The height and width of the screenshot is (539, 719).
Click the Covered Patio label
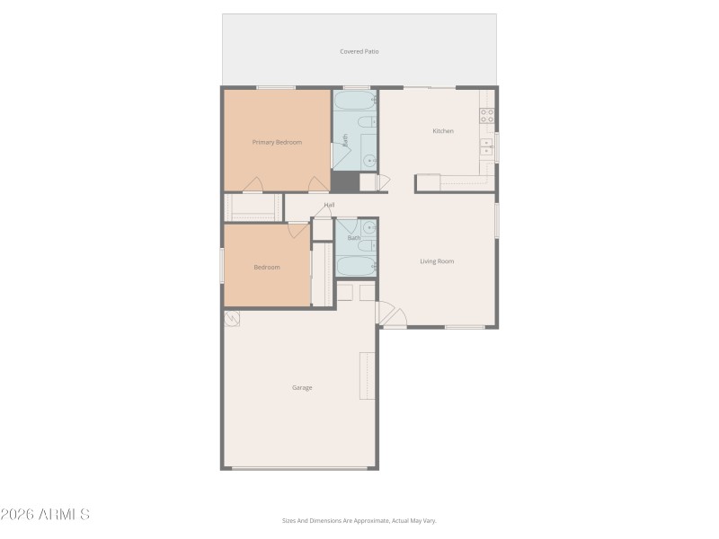click(x=359, y=52)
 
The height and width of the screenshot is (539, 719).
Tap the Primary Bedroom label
click(x=277, y=142)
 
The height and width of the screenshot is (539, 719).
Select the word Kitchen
click(x=443, y=131)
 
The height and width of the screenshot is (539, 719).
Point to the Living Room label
click(x=437, y=261)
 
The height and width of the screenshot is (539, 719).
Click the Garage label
click(x=302, y=387)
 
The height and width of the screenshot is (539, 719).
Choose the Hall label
click(x=329, y=205)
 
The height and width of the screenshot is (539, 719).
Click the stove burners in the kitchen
click(x=486, y=115)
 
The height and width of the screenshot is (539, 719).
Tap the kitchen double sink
click(x=486, y=147)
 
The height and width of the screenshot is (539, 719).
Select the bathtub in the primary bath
click(x=355, y=100)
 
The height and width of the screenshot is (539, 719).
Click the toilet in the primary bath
click(x=366, y=122)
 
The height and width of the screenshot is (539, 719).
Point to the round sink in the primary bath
click(x=369, y=162)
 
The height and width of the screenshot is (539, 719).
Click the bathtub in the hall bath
click(x=356, y=267)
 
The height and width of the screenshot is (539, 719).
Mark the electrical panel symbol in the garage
click(x=232, y=318)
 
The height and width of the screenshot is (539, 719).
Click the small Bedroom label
click(x=266, y=267)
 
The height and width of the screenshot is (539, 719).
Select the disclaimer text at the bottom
click(x=359, y=520)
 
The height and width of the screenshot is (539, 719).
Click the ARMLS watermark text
click(x=45, y=515)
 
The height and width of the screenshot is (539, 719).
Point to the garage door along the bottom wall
click(x=300, y=467)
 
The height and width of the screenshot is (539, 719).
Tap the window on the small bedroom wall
click(x=222, y=266)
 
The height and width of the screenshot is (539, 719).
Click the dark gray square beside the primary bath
click(x=344, y=181)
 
